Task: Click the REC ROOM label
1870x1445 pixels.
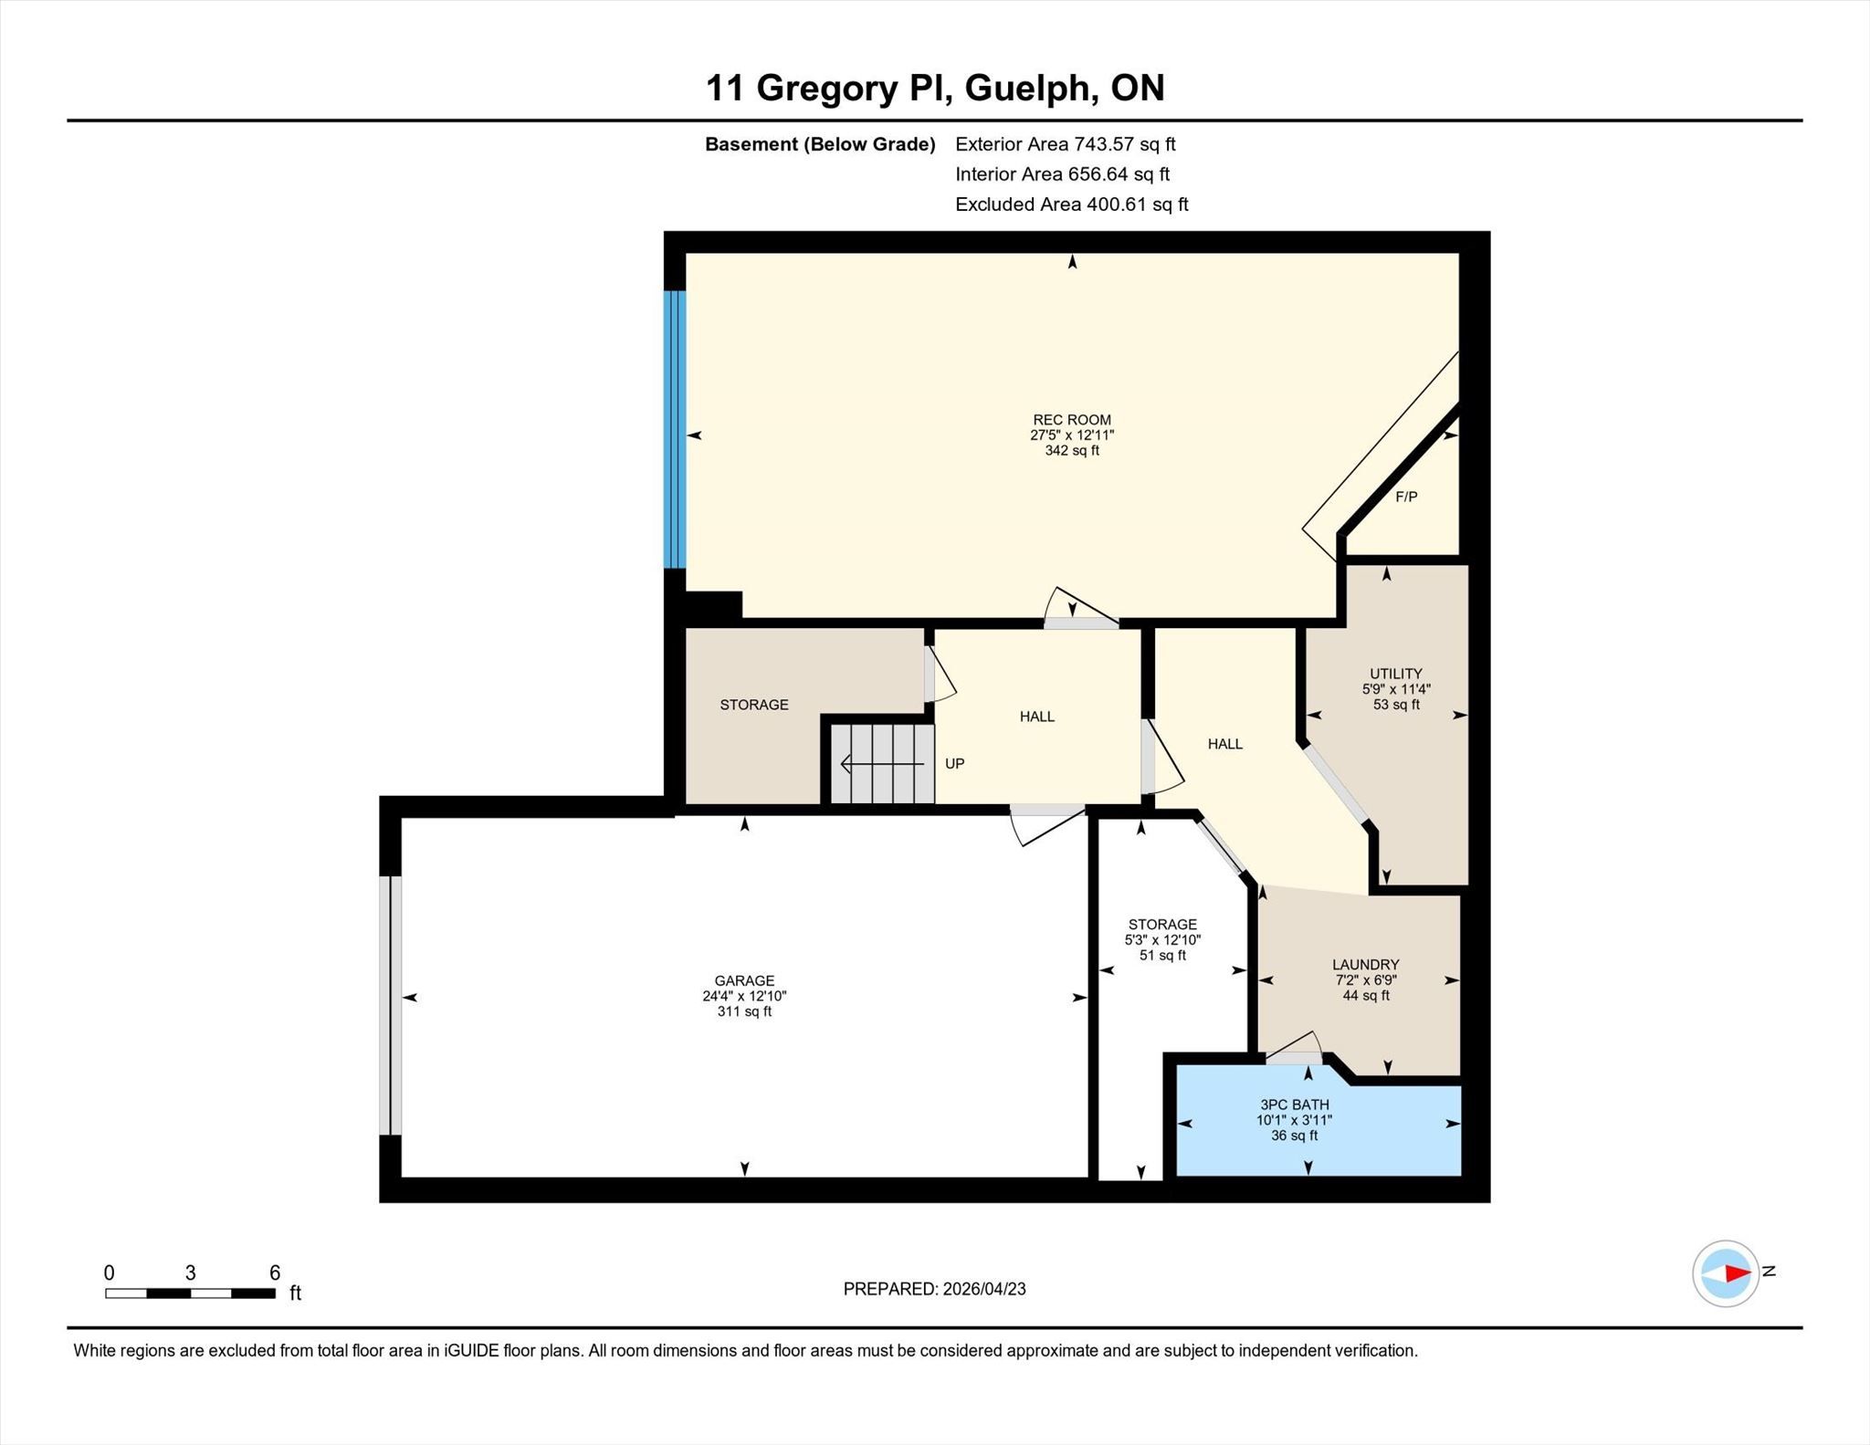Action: pos(1072,420)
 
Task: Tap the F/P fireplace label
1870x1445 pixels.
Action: pos(1406,497)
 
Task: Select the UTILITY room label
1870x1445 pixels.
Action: pos(1396,674)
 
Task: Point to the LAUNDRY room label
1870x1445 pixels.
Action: pos(1365,964)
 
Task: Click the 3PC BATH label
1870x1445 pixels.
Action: pos(1294,1105)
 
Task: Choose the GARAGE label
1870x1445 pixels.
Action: pos(744,981)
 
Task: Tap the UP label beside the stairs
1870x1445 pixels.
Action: pos(954,763)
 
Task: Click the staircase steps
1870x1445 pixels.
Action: pos(882,764)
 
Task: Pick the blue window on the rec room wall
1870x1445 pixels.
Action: pos(674,429)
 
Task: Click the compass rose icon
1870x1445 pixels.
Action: pos(1726,1272)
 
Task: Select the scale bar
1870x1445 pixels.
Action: pos(190,1293)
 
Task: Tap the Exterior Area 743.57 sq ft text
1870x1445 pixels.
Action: pos(1065,144)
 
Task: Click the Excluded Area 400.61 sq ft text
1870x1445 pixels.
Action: pos(1071,204)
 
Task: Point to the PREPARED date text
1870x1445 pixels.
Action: pos(934,1289)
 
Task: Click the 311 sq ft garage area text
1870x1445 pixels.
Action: pos(744,1011)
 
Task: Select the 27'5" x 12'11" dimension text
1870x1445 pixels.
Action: pos(1072,435)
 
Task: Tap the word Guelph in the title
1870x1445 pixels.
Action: pos(1031,89)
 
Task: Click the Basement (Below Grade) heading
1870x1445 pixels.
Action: pos(820,144)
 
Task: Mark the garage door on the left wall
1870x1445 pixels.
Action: pos(390,1005)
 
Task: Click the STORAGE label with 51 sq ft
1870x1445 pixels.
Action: pos(1162,924)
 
